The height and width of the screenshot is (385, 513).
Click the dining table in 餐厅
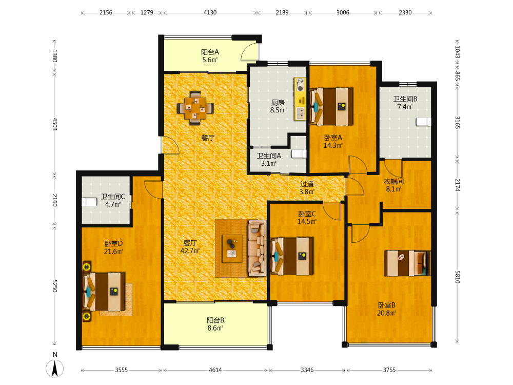(x=195, y=108)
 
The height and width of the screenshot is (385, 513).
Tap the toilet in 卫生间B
(x=423, y=122)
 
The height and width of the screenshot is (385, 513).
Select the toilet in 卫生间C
(x=89, y=202)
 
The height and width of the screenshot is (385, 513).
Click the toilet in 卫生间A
(x=299, y=154)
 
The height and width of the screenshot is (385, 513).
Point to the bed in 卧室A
(x=331, y=106)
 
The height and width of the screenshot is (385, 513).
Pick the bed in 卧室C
(x=292, y=256)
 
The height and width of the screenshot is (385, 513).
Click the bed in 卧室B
(x=407, y=263)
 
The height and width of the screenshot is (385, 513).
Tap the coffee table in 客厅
(x=232, y=248)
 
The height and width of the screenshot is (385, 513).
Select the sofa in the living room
(x=257, y=248)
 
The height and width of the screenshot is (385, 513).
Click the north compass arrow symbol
(x=55, y=368)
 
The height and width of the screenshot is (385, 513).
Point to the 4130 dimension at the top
(x=210, y=13)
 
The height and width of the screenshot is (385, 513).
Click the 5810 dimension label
(x=457, y=277)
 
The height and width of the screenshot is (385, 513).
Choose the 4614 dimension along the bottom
(x=215, y=370)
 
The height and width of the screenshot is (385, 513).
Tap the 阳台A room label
(x=210, y=52)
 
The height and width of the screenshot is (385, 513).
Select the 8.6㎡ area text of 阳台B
(x=215, y=328)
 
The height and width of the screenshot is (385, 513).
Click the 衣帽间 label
(x=393, y=181)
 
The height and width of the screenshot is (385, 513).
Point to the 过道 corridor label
(x=307, y=184)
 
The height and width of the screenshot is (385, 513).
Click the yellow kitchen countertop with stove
(x=300, y=99)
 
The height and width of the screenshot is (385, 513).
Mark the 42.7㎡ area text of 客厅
(x=190, y=251)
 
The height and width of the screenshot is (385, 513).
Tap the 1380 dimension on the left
(x=55, y=56)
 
